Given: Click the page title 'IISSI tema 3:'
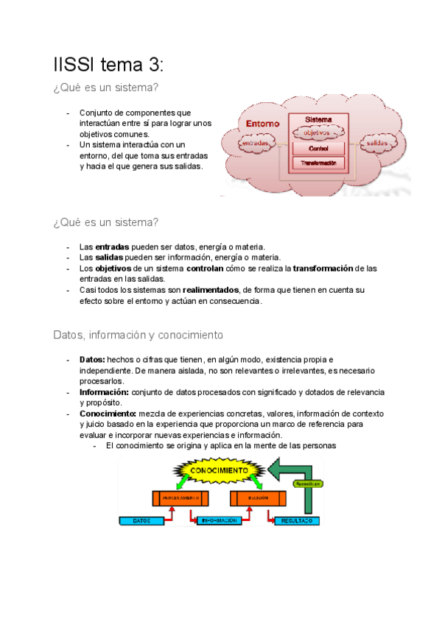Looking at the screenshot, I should click(x=108, y=65).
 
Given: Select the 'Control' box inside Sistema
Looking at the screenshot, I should click(x=319, y=149).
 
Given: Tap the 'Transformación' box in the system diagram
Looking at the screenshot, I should click(x=319, y=163).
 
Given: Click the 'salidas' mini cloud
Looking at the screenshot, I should click(x=377, y=142).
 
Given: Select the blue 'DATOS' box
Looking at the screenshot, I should click(x=143, y=520).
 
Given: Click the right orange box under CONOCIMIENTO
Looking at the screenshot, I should click(x=258, y=498).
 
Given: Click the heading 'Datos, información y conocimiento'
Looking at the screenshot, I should click(x=138, y=335).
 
